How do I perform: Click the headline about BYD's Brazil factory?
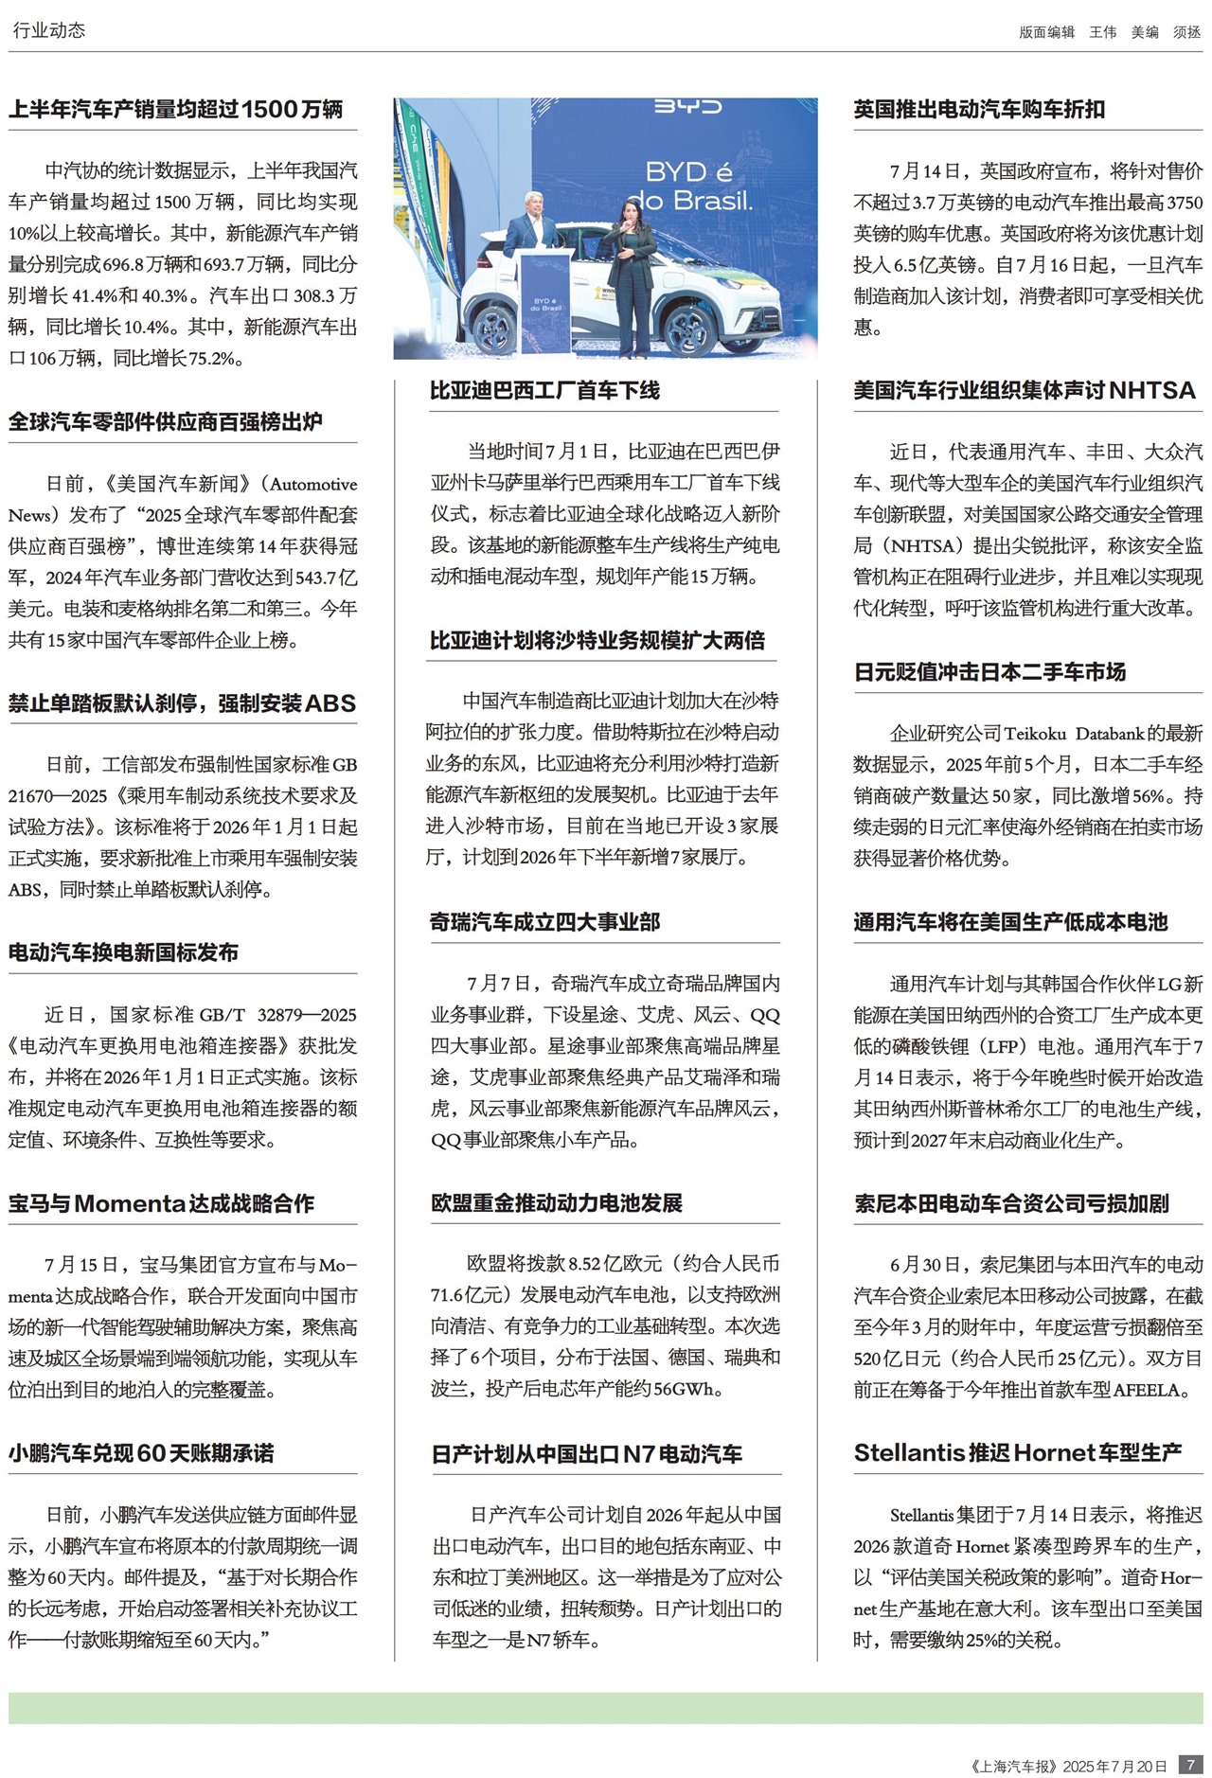(x=544, y=390)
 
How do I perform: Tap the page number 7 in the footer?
(x=1190, y=1765)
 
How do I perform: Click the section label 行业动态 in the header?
(x=49, y=30)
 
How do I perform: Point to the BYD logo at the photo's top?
(x=688, y=107)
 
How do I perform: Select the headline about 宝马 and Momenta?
(x=161, y=1203)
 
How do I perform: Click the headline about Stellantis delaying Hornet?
(x=1018, y=1453)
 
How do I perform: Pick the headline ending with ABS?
(x=182, y=703)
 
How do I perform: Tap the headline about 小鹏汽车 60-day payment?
(x=141, y=1453)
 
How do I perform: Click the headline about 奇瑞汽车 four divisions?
(x=544, y=922)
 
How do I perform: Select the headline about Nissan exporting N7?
(x=587, y=1454)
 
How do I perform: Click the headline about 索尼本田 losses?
(x=1011, y=1203)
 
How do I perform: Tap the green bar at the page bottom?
(x=606, y=1708)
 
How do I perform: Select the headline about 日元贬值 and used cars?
(x=989, y=672)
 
